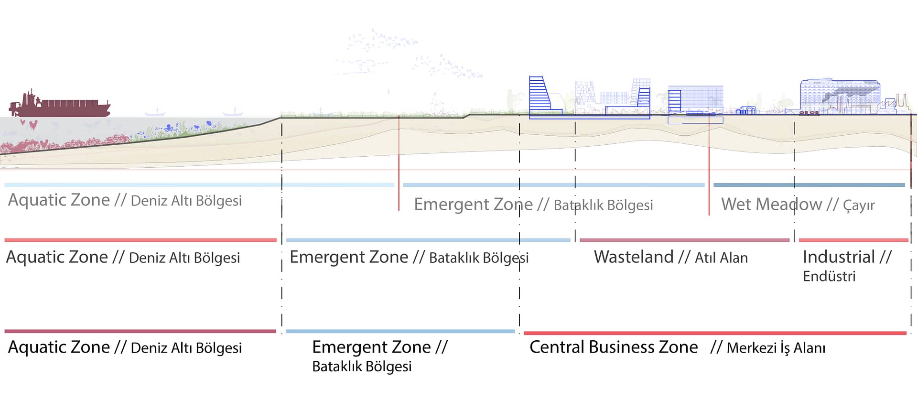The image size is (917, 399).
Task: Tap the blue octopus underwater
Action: (x=168, y=128)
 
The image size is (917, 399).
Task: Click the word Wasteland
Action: (x=634, y=257)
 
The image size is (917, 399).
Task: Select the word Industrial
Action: (x=839, y=257)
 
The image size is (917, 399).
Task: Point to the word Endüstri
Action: (x=829, y=276)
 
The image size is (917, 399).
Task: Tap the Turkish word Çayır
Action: (x=859, y=205)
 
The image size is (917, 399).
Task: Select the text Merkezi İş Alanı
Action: (x=776, y=348)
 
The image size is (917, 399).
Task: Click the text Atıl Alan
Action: (x=721, y=258)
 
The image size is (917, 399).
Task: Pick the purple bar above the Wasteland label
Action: (x=684, y=240)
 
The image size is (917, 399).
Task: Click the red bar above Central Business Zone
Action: (x=715, y=333)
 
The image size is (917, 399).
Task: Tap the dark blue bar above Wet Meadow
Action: (x=809, y=185)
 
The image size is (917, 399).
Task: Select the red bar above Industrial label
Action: (x=853, y=240)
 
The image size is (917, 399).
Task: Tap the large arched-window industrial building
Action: (x=840, y=96)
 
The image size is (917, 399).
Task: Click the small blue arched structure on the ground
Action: (x=746, y=110)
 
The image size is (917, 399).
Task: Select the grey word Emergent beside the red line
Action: (x=449, y=205)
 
